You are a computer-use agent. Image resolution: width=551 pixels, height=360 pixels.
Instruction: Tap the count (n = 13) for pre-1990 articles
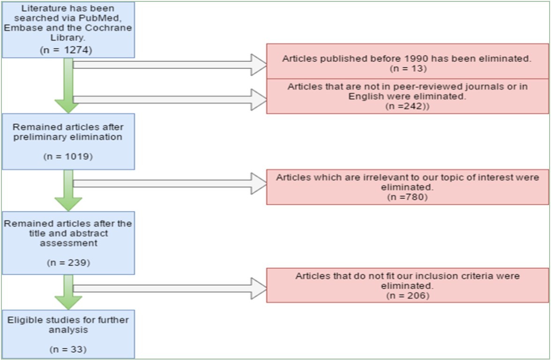coord(407,68)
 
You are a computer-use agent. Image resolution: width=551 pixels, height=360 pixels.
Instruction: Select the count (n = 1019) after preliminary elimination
coord(68,156)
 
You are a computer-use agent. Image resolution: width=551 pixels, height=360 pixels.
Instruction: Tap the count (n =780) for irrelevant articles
coord(407,197)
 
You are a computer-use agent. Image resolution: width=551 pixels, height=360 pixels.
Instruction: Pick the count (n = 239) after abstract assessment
coord(68,263)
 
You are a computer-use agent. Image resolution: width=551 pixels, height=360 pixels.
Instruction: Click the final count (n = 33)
coord(68,349)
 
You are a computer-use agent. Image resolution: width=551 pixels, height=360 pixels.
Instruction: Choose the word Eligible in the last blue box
coord(24,320)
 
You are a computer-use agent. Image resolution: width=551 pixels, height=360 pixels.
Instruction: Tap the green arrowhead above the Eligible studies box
coord(68,301)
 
